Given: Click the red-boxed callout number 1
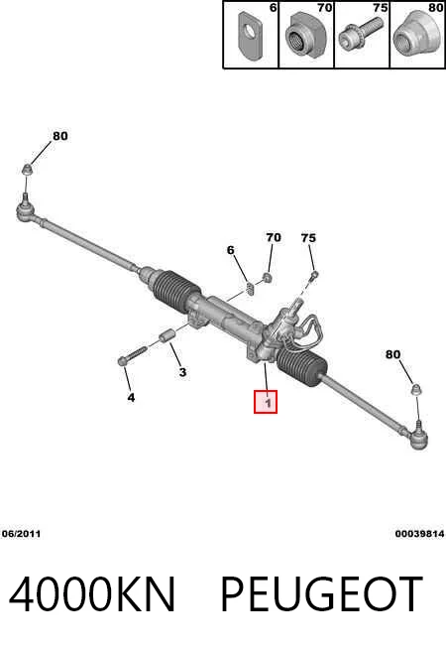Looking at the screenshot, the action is coord(268,402).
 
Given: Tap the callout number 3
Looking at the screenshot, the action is coord(182,372).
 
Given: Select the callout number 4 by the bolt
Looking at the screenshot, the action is coord(131,397).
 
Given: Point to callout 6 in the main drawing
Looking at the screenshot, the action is coord(231,250).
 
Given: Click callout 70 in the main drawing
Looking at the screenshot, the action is coord(274,237).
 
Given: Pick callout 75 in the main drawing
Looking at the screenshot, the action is coord(308,238).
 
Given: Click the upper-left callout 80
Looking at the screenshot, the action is coord(59,136).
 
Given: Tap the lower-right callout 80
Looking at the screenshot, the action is coord(392,354).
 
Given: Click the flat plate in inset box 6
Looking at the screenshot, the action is coord(251,36).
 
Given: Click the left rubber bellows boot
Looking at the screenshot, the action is coord(176,292).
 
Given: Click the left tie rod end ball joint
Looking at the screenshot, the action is coord(28,211).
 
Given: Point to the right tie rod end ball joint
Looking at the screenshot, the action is coord(417,437).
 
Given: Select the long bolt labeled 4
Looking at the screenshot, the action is coord(132,355).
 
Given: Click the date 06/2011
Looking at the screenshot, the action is coord(21,534).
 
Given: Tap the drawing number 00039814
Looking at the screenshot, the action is coord(419,534).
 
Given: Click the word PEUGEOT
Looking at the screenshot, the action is coord(321,594).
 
